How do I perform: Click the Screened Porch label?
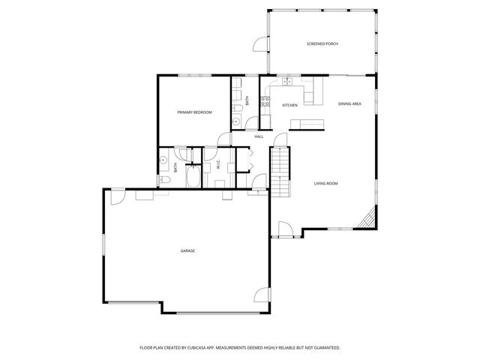pos(322,44)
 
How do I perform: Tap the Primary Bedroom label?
pos(194,112)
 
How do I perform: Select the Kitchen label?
pos(289,105)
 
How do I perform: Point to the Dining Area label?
pos(349,103)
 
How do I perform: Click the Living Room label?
pos(325,183)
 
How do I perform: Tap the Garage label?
pos(187,250)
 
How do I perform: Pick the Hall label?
pos(259,136)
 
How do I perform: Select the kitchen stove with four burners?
pos(265,100)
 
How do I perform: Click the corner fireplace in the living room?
pos(366,220)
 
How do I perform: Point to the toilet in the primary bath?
pos(164,180)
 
